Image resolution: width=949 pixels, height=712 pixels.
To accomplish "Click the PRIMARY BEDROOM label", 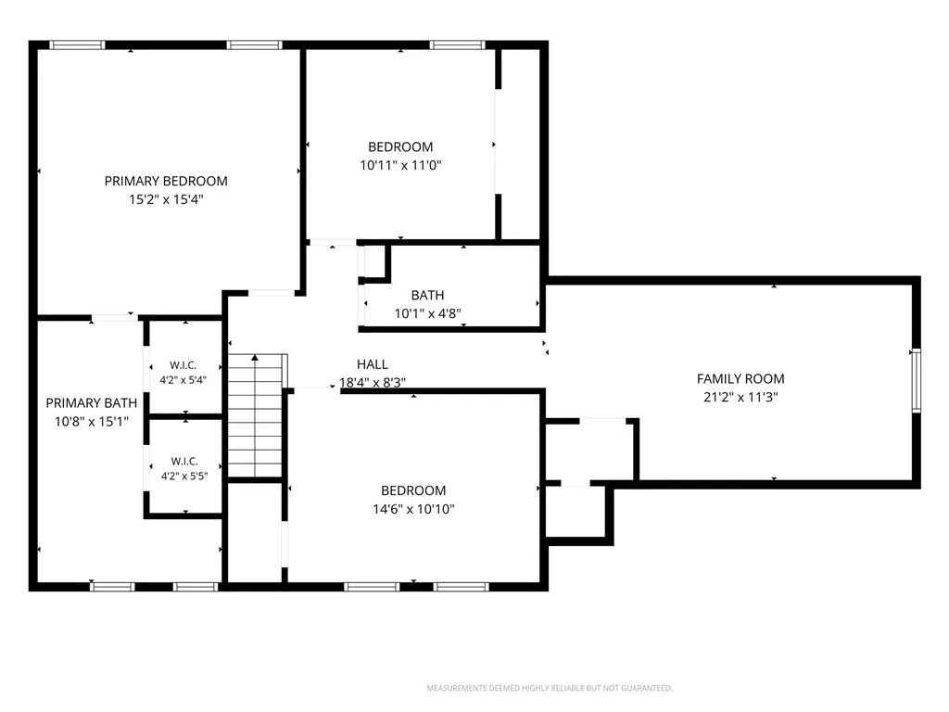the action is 166,181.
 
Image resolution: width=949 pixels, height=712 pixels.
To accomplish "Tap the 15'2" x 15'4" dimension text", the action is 166,199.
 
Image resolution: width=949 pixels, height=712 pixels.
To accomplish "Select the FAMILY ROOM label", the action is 740,379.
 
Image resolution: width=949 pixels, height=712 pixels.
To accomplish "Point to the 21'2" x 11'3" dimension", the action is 740,397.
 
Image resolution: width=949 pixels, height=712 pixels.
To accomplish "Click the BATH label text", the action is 427,296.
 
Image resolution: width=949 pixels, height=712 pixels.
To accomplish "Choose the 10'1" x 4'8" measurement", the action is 427,313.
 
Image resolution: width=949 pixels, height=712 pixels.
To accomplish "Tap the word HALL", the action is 373,364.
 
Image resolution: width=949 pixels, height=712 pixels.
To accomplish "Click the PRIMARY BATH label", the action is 92,403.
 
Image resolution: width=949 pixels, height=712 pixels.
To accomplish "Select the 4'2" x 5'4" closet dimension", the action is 183,380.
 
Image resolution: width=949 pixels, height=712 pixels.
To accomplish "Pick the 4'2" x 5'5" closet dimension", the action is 184,477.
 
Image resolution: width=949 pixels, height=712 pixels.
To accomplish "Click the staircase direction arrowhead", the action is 256,358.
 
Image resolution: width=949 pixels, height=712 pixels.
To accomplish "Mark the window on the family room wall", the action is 917,381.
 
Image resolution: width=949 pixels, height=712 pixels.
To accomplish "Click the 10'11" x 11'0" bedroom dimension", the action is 400,165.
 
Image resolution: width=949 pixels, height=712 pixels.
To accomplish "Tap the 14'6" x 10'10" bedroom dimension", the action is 413,509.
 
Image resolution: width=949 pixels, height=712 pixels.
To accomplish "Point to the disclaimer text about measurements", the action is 550,688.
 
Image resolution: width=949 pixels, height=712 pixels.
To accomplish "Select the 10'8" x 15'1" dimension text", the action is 92,422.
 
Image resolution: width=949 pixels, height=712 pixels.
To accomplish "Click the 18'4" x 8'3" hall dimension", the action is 373,383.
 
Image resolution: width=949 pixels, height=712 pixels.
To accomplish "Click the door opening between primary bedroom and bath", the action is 115,317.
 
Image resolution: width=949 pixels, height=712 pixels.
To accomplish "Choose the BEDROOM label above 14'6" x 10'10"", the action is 413,491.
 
